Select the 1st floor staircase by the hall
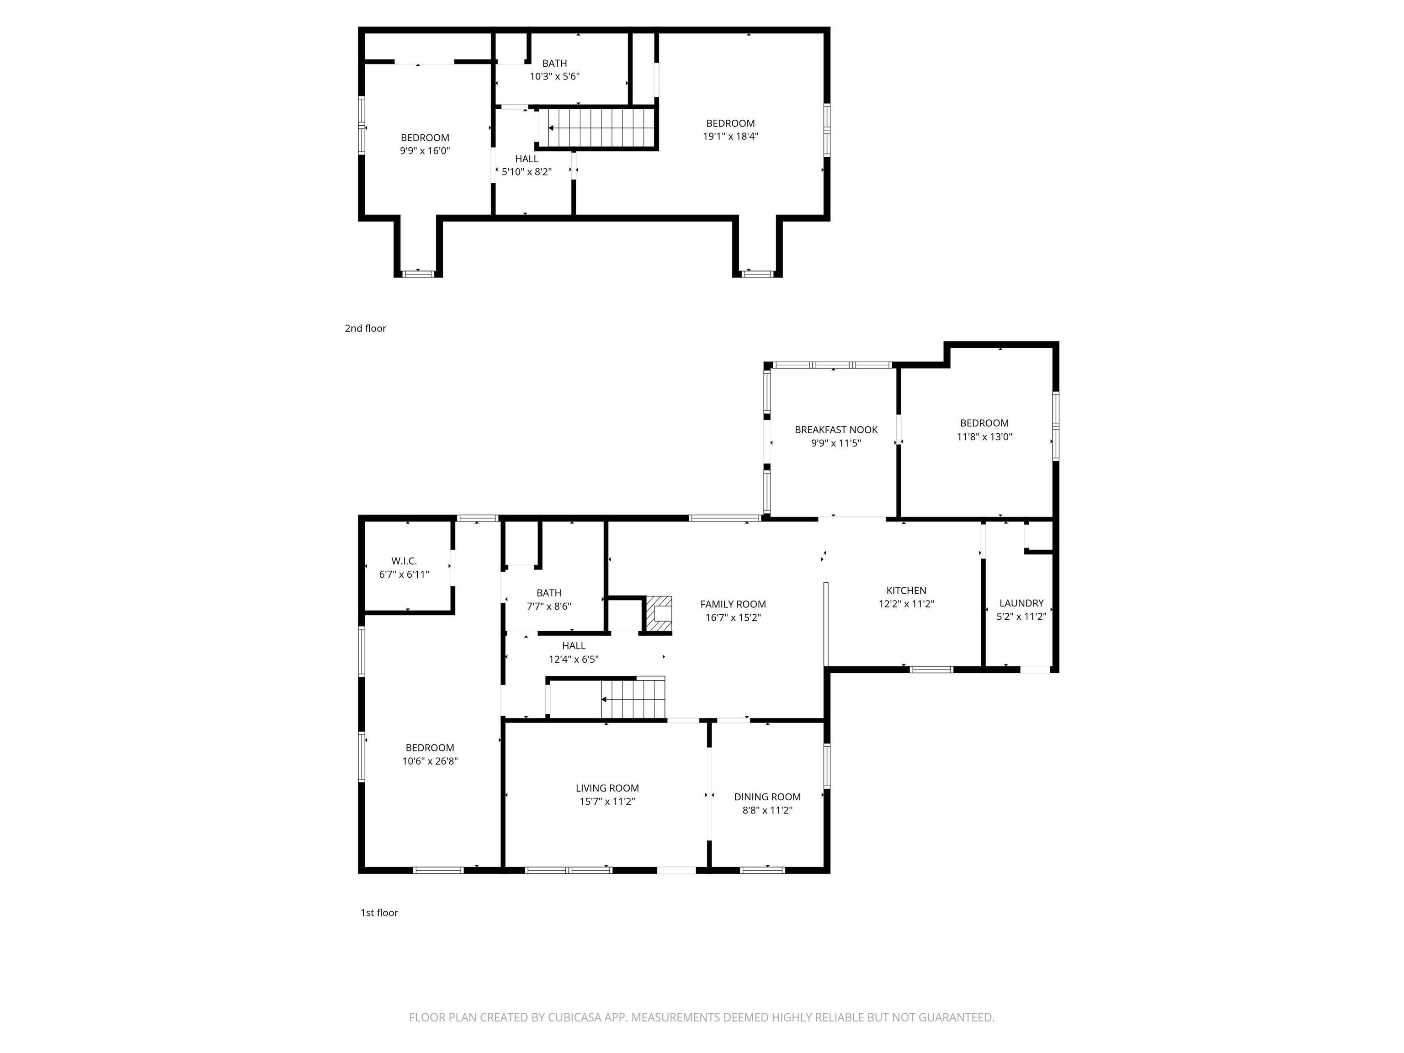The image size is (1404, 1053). pyautogui.click(x=633, y=699)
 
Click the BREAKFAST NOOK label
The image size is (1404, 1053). pyautogui.click(x=836, y=430)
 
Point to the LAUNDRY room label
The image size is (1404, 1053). pyautogui.click(x=1021, y=603)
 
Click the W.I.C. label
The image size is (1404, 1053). pyautogui.click(x=404, y=561)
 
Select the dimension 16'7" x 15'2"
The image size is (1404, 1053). pyautogui.click(x=733, y=617)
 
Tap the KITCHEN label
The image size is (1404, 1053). pyautogui.click(x=906, y=590)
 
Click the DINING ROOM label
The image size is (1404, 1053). pyautogui.click(x=767, y=797)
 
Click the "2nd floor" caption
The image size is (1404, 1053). pyautogui.click(x=365, y=328)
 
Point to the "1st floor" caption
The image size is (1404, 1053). pyautogui.click(x=379, y=913)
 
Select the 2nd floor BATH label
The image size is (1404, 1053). pyautogui.click(x=554, y=64)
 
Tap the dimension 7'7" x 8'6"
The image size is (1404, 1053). pyautogui.click(x=548, y=606)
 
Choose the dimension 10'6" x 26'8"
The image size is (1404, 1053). pyautogui.click(x=430, y=761)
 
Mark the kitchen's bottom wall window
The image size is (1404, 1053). pyautogui.click(x=931, y=669)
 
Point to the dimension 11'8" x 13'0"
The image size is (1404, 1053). pyautogui.click(x=984, y=436)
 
